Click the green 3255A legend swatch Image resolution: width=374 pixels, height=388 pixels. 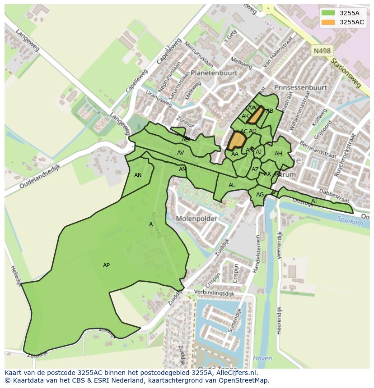328,13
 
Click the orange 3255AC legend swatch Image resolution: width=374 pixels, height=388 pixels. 328,22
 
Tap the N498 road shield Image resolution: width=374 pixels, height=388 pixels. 322,51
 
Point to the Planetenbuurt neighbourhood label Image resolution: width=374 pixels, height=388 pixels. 214,73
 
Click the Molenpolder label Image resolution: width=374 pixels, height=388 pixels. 196,219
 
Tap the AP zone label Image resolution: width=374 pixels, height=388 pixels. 106,265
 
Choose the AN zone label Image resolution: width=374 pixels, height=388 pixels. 138,175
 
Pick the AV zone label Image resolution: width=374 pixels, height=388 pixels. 180,153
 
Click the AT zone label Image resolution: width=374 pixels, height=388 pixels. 314,201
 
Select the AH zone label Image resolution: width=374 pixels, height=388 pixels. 278,154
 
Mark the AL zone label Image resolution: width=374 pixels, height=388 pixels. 232,185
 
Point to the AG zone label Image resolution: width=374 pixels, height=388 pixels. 260,195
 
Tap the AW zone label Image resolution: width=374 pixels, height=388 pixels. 252,108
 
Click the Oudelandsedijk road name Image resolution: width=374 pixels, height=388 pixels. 40,176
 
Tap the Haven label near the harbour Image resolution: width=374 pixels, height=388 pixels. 262,358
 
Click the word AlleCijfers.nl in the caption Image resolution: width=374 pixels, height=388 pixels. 235,373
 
